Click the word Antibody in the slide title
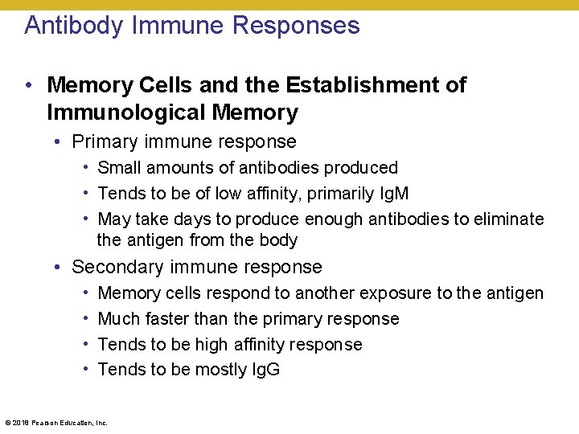72,26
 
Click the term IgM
392,194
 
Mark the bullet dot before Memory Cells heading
29,85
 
